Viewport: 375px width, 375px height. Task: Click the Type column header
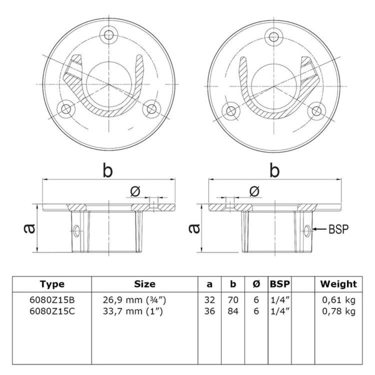52,284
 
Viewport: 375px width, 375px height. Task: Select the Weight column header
339,284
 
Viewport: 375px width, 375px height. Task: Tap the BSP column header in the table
280,284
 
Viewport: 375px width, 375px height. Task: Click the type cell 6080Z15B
52,300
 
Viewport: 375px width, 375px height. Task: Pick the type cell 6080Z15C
52,311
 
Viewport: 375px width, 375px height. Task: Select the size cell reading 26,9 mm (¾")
134,300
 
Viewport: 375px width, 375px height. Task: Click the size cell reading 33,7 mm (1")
133,312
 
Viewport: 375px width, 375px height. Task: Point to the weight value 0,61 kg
339,300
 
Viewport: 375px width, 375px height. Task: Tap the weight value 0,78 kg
339,312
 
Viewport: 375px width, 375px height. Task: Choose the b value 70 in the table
233,300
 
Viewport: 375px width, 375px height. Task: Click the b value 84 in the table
233,311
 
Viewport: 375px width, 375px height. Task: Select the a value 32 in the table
210,300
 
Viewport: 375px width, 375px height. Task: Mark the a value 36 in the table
210,311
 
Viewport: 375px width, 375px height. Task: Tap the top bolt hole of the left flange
109,35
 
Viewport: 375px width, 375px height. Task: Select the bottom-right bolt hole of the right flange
317,111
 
